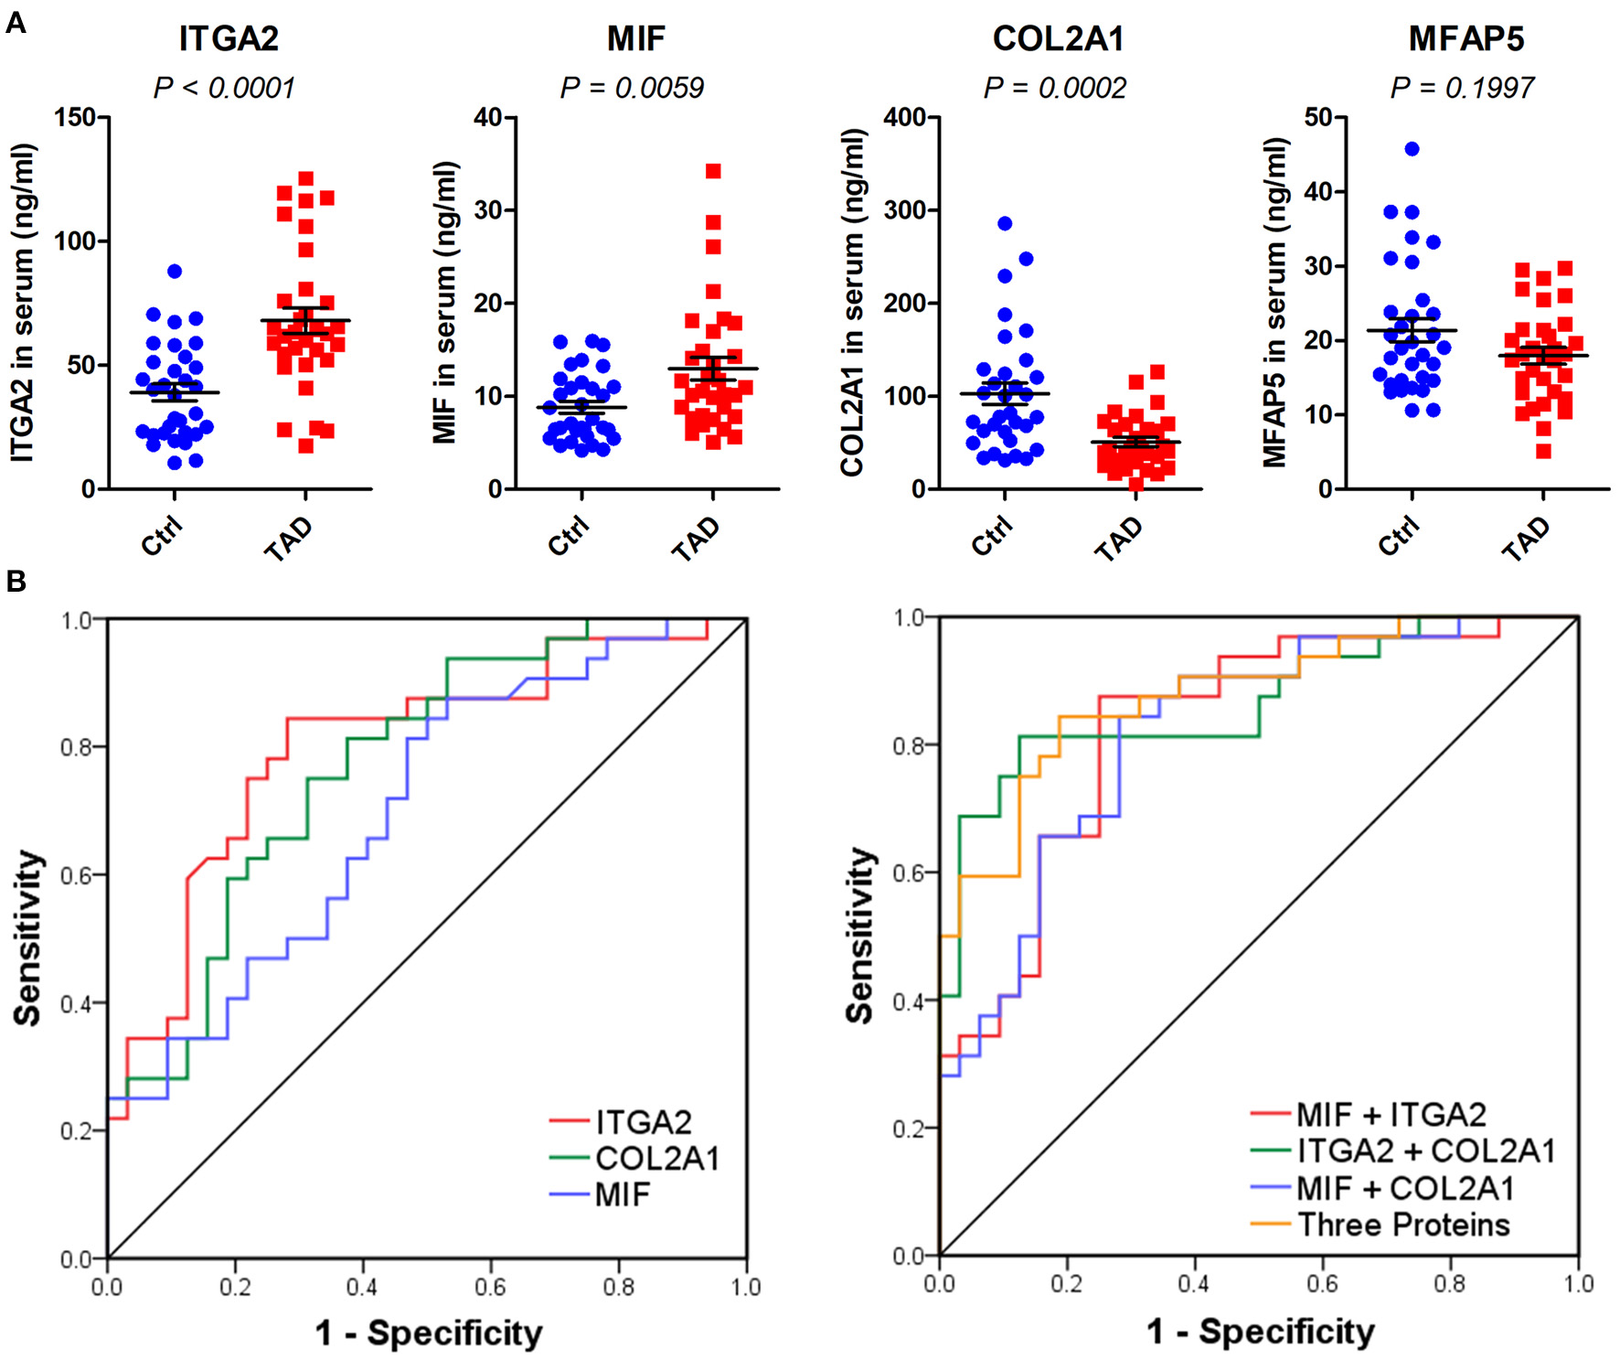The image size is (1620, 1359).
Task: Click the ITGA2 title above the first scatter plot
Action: [x=228, y=38]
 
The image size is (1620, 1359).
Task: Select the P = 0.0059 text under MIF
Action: [x=632, y=88]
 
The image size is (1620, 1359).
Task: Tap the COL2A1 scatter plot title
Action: [x=1058, y=38]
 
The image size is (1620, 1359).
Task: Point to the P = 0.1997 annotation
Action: [x=1462, y=88]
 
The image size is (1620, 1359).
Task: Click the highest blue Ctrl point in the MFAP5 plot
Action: [x=1412, y=149]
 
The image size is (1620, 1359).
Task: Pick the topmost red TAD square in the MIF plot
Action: [x=713, y=171]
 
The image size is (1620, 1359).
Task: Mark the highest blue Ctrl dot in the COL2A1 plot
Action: [x=1005, y=223]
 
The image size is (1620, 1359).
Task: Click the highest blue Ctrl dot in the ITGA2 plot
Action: [x=175, y=272]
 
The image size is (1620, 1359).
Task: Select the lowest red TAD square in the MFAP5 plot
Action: [x=1543, y=451]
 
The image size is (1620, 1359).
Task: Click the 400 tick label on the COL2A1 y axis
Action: [x=905, y=117]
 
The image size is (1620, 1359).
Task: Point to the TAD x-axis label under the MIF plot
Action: [x=697, y=538]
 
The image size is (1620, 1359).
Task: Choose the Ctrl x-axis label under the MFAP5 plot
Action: [x=1399, y=536]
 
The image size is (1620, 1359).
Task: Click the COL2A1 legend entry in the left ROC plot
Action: [x=656, y=1159]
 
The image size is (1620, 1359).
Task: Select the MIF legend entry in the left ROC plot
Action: [x=622, y=1194]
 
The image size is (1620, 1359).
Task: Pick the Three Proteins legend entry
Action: [x=1403, y=1225]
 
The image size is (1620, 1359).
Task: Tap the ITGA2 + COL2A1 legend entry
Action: [x=1426, y=1150]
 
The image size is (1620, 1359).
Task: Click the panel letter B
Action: [x=16, y=582]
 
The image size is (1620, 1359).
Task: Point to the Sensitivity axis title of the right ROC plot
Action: [x=859, y=935]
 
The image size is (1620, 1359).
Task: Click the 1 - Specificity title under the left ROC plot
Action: [x=429, y=1332]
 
